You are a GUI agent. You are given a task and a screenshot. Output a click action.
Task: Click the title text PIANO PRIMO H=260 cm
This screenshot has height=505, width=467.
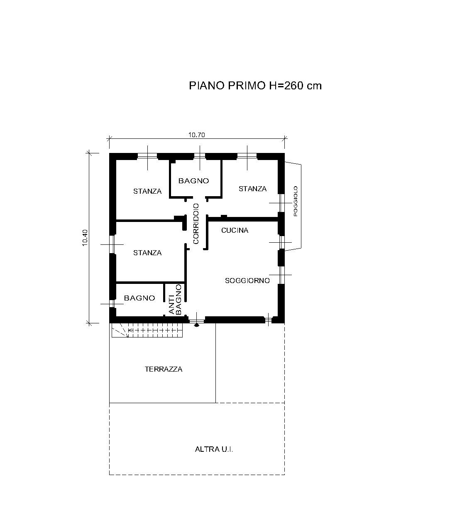point(255,86)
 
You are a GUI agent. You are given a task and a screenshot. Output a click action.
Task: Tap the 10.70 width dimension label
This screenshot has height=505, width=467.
point(196,135)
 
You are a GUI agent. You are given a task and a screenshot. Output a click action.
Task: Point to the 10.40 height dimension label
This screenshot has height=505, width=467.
point(85,237)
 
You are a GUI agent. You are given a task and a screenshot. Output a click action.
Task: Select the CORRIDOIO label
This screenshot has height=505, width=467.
point(196,224)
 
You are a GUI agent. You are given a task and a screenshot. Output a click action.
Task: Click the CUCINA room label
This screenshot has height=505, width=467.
point(235,230)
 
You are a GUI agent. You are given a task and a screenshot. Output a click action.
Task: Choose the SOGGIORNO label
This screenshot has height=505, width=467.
point(247,281)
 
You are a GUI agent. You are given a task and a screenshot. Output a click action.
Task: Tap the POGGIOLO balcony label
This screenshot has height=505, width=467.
point(295,201)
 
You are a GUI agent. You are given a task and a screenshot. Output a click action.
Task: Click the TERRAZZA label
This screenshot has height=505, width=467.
point(164,369)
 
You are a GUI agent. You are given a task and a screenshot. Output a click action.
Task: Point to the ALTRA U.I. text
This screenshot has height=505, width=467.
point(214,449)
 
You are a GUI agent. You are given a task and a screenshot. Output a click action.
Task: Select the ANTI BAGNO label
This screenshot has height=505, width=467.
point(175,299)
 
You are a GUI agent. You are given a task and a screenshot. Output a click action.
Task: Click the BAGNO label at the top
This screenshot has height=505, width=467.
point(193,181)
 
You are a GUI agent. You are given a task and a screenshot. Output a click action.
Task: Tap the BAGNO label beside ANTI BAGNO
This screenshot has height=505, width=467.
point(139,298)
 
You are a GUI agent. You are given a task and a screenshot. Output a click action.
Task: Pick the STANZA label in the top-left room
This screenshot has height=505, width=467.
point(147,191)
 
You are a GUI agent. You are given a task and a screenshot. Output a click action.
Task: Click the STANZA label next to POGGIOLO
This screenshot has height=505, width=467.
point(252,189)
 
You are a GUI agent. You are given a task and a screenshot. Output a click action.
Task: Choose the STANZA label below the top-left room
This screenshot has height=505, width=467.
point(147,253)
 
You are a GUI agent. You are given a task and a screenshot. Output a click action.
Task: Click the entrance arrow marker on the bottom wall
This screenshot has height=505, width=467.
point(197,325)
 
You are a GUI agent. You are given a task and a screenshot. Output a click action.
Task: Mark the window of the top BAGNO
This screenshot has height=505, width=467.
point(200,156)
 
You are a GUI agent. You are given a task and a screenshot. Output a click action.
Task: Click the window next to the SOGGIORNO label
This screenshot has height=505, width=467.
point(281,275)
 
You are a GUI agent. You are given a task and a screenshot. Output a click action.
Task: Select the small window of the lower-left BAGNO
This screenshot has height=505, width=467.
point(112,303)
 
